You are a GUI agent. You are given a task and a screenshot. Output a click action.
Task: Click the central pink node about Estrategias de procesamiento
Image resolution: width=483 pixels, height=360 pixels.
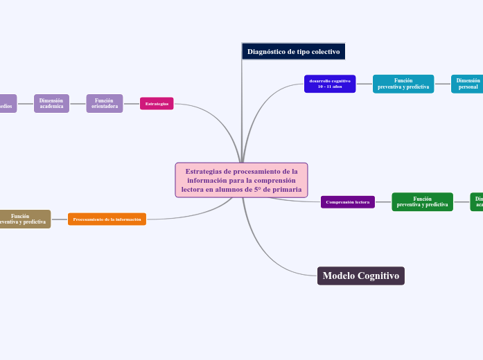[241, 180]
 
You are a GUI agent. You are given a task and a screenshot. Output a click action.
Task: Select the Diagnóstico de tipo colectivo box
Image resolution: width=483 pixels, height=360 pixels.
[293, 52]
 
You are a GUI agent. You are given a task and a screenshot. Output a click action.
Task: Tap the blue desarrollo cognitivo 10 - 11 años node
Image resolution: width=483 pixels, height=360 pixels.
[330, 84]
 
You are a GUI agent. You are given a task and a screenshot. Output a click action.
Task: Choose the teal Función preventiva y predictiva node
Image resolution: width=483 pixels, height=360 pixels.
[403, 84]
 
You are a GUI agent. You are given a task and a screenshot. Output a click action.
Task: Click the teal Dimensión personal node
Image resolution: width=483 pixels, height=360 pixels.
[468, 84]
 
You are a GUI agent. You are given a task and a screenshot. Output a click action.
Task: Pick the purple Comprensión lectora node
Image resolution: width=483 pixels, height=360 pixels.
[348, 202]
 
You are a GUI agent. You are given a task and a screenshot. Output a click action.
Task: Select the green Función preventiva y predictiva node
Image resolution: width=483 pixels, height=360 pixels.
[422, 201]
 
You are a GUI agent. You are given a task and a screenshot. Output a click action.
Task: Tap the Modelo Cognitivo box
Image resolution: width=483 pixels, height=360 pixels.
[361, 276]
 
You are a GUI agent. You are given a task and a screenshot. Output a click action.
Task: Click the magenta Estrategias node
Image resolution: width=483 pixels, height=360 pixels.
[157, 104]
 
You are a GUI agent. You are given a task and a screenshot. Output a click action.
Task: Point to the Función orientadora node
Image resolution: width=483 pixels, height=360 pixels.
[105, 103]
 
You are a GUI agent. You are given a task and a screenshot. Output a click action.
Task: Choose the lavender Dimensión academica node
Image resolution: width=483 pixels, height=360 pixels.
[51, 103]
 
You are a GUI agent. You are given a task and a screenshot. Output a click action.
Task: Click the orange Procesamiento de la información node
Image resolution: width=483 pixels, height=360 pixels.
[107, 219]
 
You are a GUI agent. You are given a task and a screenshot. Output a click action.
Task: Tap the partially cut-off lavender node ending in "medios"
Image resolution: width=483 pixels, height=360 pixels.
[6, 104]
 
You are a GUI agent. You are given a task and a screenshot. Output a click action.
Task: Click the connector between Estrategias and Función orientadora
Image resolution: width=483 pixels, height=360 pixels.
[132, 104]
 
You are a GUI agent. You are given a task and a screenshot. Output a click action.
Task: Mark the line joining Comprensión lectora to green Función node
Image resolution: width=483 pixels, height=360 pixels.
[383, 202]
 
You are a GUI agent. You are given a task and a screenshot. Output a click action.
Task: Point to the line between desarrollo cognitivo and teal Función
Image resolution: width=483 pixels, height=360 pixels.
[365, 84]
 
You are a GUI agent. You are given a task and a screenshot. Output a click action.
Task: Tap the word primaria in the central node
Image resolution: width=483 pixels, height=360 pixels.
[287, 189]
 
